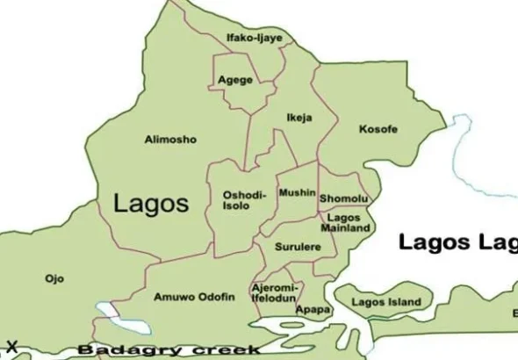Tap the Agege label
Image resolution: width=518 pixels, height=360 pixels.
click(235, 80)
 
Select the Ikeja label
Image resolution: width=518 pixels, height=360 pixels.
click(299, 117)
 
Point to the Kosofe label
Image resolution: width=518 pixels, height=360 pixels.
click(378, 129)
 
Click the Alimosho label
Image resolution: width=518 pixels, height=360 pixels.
click(170, 140)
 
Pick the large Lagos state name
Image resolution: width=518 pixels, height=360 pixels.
click(151, 204)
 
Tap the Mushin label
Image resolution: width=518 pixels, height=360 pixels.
click(297, 192)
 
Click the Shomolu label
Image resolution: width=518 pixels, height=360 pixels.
click(343, 199)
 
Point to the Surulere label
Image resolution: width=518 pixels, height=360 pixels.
click(298, 248)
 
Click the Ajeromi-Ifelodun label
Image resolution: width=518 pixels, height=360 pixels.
click(276, 292)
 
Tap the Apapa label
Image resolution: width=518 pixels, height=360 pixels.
click(313, 310)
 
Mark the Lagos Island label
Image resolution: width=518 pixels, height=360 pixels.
click(385, 303)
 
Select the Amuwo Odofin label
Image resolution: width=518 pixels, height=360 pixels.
click(194, 297)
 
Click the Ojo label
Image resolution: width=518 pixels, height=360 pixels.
click(54, 278)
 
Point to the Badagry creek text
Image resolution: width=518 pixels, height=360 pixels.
click(168, 349)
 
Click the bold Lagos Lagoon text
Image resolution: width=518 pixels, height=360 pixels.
click(457, 243)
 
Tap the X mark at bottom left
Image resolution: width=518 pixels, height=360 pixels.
click(11, 346)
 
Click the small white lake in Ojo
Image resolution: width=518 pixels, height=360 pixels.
click(107, 310)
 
